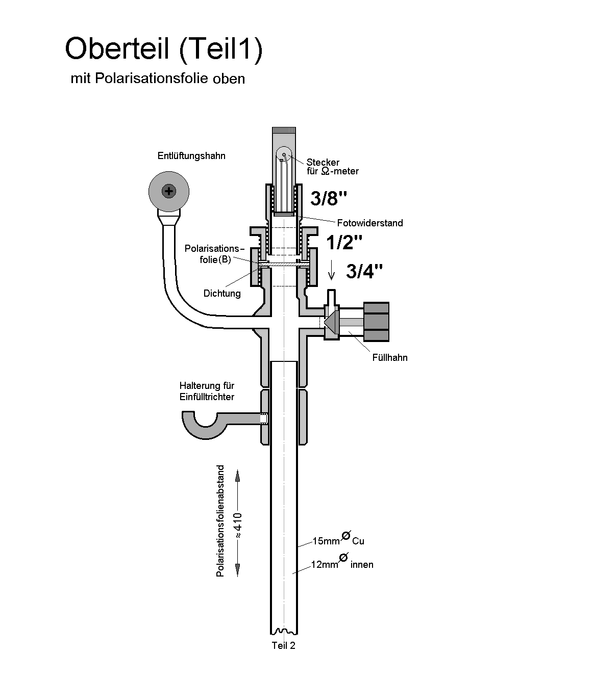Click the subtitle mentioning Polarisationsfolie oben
pyautogui.click(x=158, y=79)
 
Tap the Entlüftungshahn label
pyautogui.click(x=191, y=156)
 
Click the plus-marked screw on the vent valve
pyautogui.click(x=168, y=192)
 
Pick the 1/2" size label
pyautogui.click(x=344, y=242)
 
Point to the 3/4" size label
pyautogui.click(x=364, y=272)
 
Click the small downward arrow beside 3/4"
pyautogui.click(x=331, y=270)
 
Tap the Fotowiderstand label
pyautogui.click(x=369, y=223)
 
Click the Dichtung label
pyautogui.click(x=222, y=294)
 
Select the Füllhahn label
pyautogui.click(x=390, y=357)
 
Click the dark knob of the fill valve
pyautogui.click(x=376, y=322)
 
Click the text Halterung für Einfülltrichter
pyautogui.click(x=207, y=391)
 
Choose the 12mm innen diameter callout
pyautogui.click(x=342, y=564)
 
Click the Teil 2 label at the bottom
pyautogui.click(x=283, y=646)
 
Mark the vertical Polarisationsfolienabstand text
pyautogui.click(x=220, y=520)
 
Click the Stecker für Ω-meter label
pyautogui.click(x=332, y=167)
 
